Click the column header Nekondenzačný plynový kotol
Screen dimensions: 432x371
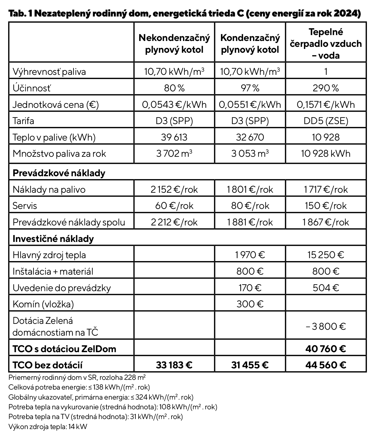pos(174,44)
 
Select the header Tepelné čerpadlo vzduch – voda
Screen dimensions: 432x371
pos(326,44)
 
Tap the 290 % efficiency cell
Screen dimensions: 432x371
pos(326,88)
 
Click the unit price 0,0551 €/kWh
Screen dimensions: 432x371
pos(250,104)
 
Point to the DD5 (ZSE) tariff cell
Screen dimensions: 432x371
pos(326,121)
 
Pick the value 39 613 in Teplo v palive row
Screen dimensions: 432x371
pos(174,137)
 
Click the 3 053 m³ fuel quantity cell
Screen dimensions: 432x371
pos(250,154)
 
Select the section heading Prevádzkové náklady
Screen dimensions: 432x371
pos(59,173)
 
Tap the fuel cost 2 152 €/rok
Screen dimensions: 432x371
pos(174,189)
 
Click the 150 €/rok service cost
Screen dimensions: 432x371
pos(326,206)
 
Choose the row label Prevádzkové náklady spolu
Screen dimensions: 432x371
pos(69,222)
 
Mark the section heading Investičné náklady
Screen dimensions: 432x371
pos(53,239)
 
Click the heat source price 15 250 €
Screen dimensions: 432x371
pos(326,255)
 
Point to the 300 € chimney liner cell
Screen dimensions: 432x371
pos(250,304)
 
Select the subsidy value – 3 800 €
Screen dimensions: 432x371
pos(326,327)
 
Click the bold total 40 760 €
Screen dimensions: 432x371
pos(326,349)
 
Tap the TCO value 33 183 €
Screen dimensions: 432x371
pos(174,365)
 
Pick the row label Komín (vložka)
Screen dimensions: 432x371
pos(43,304)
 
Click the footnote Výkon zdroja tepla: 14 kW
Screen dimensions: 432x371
pos(48,426)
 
